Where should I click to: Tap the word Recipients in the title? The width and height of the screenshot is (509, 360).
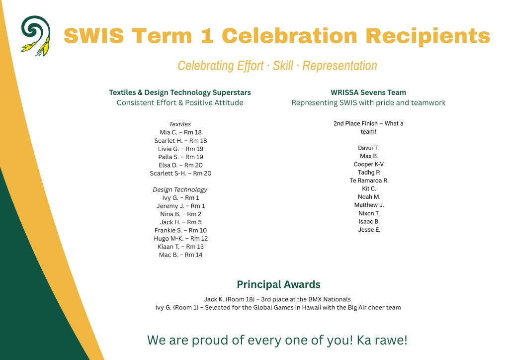tap(428, 36)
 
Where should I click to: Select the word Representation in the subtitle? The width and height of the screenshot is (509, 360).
tap(339, 66)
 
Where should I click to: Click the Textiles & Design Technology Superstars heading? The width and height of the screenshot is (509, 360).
tap(180, 92)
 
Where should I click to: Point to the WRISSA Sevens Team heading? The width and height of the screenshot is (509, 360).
tap(368, 92)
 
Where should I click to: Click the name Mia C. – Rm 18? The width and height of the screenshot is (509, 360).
tap(180, 132)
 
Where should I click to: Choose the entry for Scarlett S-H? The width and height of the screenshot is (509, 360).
tap(180, 174)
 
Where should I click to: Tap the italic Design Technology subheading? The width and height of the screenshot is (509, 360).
tap(180, 189)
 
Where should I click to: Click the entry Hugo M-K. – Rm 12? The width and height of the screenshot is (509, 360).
tap(180, 239)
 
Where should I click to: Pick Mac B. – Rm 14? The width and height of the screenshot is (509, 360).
tap(180, 255)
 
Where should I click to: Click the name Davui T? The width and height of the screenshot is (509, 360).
tap(368, 148)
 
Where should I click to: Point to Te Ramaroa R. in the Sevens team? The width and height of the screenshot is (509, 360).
tap(369, 180)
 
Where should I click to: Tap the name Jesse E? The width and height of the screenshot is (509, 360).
tap(369, 230)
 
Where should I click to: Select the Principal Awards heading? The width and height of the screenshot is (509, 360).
tap(278, 285)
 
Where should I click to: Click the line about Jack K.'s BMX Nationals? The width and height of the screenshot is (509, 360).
tap(277, 299)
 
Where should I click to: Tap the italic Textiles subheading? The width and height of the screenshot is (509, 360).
tap(180, 124)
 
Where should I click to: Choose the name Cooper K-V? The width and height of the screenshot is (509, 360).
tap(369, 164)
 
